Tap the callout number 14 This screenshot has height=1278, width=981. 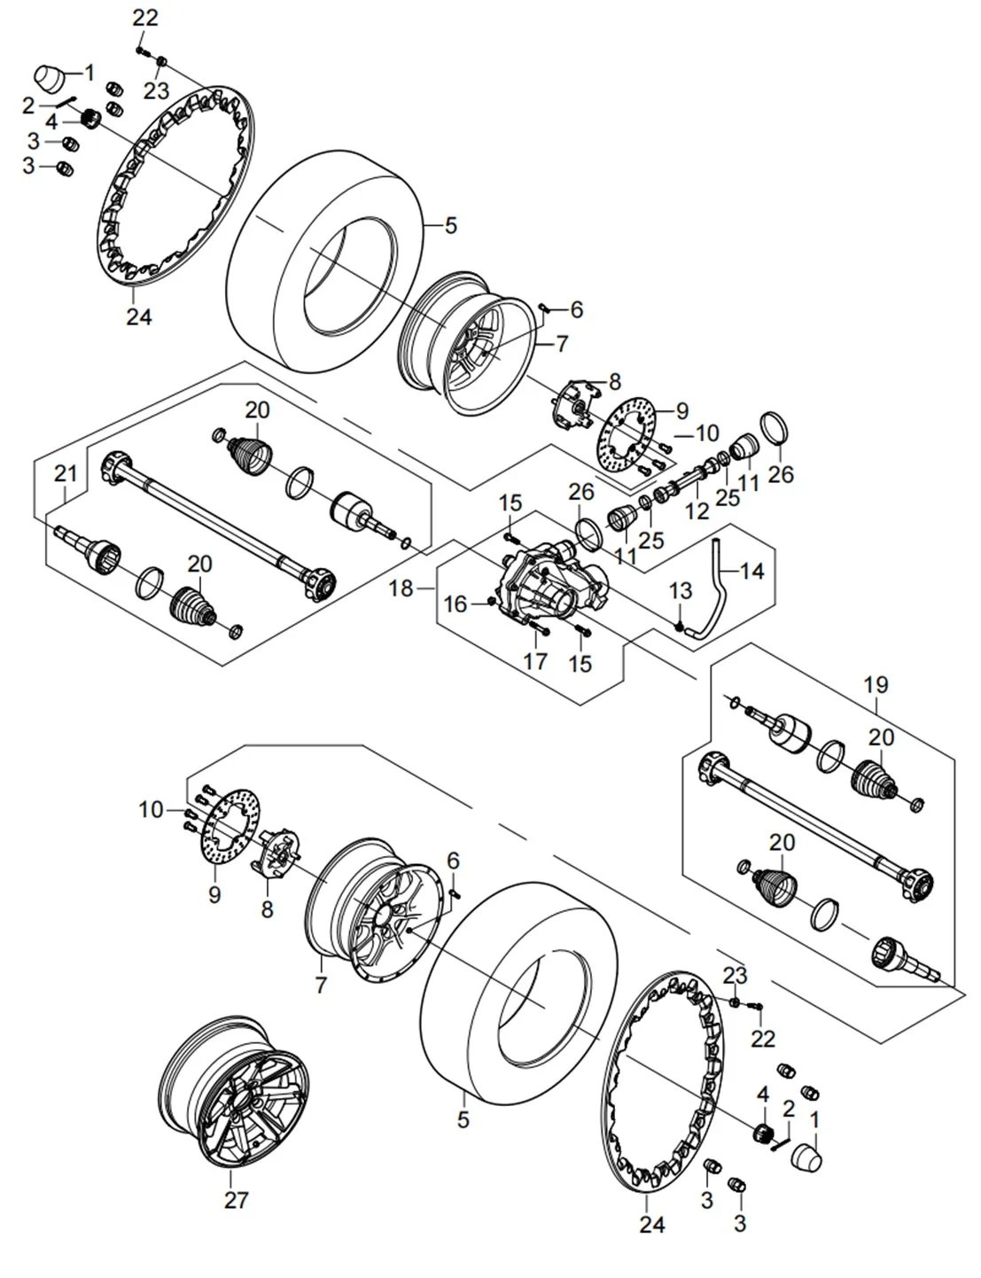[x=751, y=572]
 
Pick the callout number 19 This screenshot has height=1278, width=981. [x=876, y=685]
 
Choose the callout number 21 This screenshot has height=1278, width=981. [x=66, y=474]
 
